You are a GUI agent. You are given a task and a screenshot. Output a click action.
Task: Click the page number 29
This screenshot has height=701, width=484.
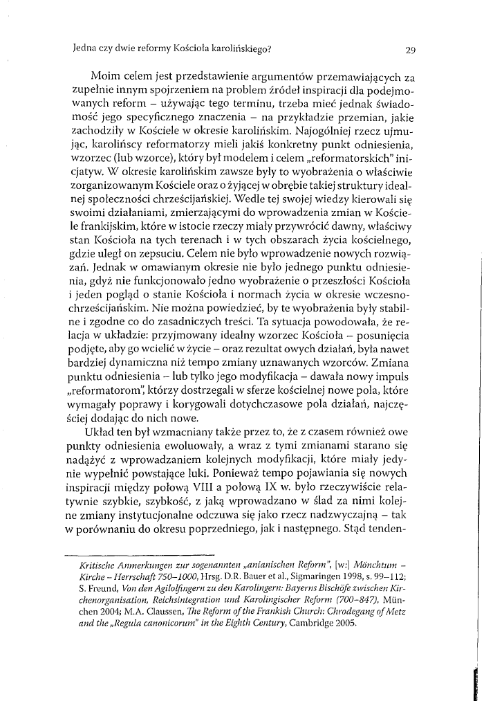click(409, 50)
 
